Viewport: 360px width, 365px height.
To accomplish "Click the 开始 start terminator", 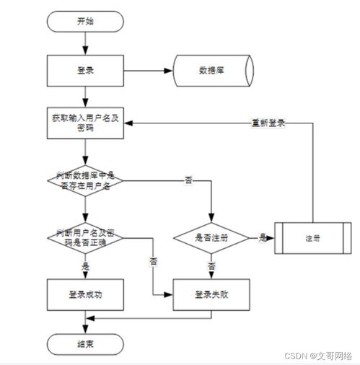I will coord(84,21).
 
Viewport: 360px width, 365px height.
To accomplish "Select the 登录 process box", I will coord(84,70).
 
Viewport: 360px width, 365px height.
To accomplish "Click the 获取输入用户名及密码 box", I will coord(84,122).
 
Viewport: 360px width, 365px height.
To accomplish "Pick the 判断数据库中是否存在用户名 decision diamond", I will coord(84,180).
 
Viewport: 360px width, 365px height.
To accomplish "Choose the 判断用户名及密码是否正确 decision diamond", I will coord(84,237).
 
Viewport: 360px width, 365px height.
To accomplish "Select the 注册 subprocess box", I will coord(312,237).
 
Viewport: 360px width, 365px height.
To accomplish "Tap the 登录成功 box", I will coord(84,294).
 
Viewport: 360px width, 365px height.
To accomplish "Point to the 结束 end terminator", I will coord(84,344).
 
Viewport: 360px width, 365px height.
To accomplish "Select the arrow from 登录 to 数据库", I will coord(148,70).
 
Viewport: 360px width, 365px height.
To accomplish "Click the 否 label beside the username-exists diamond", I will coord(188,180).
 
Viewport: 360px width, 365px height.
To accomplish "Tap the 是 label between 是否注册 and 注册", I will coord(262,237).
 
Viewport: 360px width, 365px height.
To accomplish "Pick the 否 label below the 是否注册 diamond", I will coord(211,265).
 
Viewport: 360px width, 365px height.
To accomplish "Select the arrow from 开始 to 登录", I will coord(84,43).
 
